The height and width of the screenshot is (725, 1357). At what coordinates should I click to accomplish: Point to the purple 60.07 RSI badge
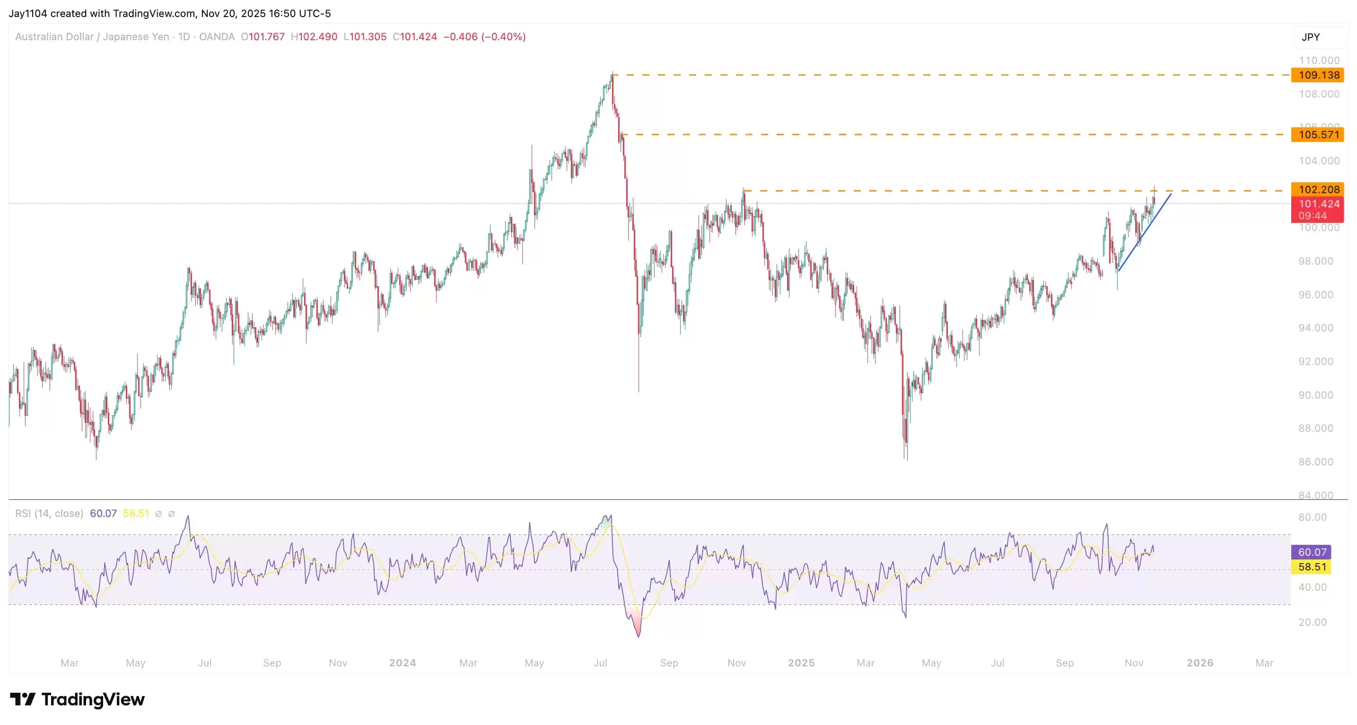[1311, 551]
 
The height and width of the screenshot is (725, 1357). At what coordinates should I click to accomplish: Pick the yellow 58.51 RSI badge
[1311, 567]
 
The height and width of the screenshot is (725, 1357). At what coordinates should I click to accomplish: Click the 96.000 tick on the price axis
[1315, 295]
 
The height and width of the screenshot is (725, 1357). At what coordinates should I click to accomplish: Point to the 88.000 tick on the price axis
[1315, 428]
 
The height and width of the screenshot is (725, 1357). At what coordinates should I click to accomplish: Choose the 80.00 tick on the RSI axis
[1312, 517]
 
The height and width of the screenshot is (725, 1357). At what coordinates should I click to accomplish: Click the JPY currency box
[1311, 37]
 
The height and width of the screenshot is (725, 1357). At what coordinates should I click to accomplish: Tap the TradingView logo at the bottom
[78, 699]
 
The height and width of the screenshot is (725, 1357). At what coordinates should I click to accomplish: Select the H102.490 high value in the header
[314, 37]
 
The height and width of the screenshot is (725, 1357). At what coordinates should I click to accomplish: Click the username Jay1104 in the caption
[28, 13]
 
